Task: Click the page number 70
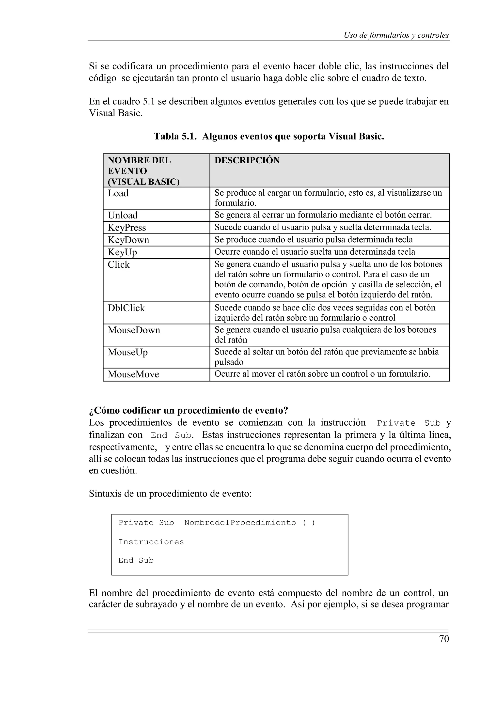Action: tap(444, 639)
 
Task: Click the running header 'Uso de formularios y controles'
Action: tap(396, 35)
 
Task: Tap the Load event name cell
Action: tap(118, 193)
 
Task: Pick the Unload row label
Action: tap(123, 215)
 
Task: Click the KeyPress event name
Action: tap(127, 228)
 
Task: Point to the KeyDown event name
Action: tap(128, 240)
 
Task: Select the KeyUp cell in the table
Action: tap(122, 252)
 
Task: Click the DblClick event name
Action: tap(126, 308)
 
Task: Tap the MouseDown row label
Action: tap(134, 330)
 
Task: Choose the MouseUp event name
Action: tap(128, 352)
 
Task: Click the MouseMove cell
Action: tap(133, 374)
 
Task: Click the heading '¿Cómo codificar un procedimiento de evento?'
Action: tap(189, 411)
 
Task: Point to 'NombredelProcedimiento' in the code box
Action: tap(240, 523)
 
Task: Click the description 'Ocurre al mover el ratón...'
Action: tap(322, 374)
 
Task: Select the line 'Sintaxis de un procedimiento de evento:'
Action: tap(170, 494)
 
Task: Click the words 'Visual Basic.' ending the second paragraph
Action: tap(116, 113)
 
